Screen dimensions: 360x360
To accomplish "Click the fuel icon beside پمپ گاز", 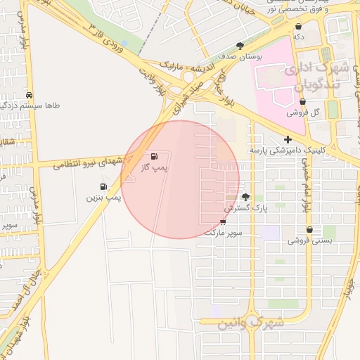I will (x=154, y=156).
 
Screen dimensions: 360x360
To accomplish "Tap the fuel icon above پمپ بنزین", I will (x=104, y=186).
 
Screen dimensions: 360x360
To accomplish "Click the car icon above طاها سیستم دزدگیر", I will (x=29, y=95).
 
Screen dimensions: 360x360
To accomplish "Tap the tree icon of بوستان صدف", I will (x=240, y=46).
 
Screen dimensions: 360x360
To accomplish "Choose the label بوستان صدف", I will (x=240, y=57).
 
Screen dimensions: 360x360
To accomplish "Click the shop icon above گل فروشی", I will (x=291, y=101).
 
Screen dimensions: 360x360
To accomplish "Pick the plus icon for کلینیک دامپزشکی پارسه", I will (x=288, y=139).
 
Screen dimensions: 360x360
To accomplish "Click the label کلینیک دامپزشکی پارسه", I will (x=288, y=150).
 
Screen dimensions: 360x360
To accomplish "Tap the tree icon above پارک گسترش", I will (x=245, y=197).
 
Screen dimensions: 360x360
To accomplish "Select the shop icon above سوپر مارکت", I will (x=224, y=221).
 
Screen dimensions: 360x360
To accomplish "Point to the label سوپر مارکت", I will (x=224, y=232).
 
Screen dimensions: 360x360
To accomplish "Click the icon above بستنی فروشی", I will (x=309, y=229).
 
